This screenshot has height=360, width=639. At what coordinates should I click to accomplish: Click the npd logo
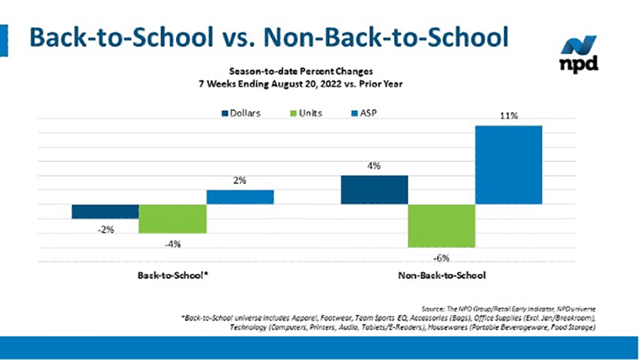(579, 54)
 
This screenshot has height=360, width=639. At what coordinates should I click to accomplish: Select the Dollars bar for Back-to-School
(105, 211)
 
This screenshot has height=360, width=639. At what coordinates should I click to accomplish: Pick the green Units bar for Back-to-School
(172, 218)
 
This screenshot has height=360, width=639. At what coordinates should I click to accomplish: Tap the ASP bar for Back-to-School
(240, 197)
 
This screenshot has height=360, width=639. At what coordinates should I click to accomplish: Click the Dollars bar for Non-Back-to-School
(375, 189)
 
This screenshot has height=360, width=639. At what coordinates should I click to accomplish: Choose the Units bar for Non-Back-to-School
(441, 226)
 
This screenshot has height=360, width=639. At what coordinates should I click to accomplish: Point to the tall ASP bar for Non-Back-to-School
(509, 165)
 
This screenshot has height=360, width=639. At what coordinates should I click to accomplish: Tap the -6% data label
(441, 258)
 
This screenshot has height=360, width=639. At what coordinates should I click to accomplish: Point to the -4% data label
(172, 243)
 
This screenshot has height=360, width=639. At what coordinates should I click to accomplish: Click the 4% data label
(374, 166)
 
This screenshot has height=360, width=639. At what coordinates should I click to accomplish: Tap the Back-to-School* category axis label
(172, 275)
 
